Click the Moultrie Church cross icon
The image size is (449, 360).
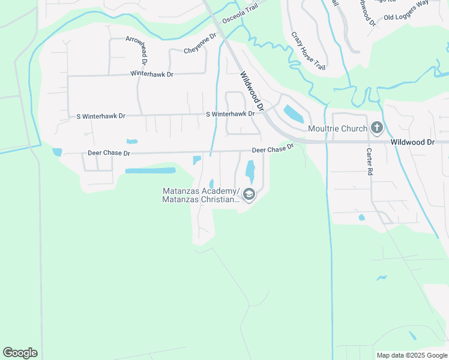377,128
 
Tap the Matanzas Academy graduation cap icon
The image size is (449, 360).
249,194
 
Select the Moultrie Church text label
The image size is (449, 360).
336,128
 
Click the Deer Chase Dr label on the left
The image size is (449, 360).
109,153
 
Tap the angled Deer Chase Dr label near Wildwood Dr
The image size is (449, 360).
273,148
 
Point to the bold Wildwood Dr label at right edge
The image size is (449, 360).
412,142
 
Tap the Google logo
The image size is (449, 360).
20,353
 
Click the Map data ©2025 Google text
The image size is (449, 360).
411,355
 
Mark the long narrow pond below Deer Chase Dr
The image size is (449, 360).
150,170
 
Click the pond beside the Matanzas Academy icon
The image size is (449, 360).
250,173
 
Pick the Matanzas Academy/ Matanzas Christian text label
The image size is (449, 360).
200,196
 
